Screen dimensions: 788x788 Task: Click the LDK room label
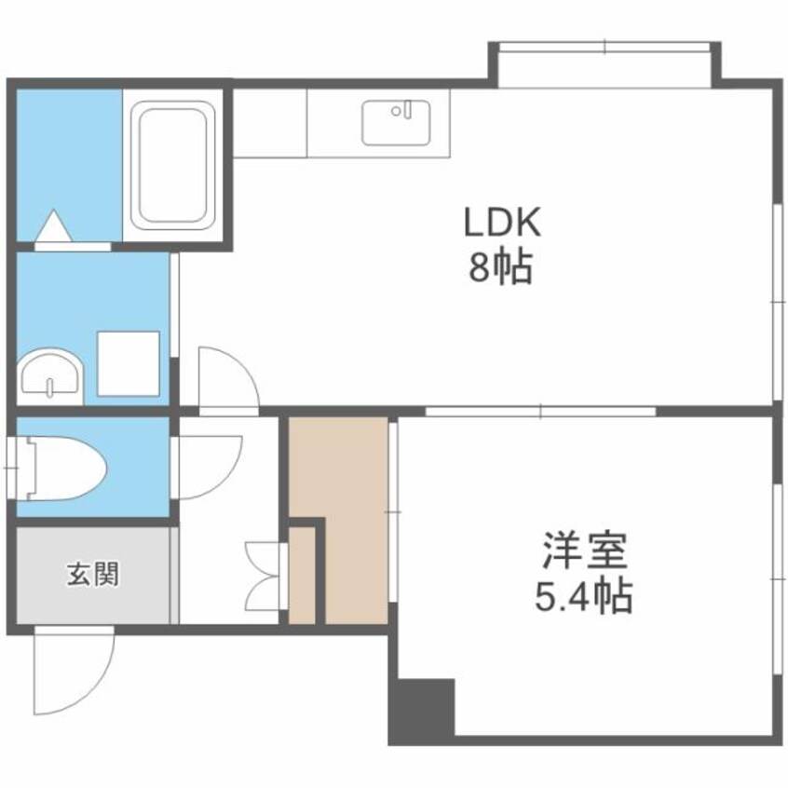(x=503, y=224)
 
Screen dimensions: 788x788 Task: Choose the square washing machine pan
(x=129, y=363)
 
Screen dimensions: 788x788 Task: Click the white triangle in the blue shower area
(x=53, y=225)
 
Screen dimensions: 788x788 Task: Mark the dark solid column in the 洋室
(x=420, y=710)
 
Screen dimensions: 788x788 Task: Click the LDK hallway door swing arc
(x=226, y=377)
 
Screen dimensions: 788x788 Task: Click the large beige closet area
(x=349, y=522)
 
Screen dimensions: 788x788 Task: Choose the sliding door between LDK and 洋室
(x=540, y=410)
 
